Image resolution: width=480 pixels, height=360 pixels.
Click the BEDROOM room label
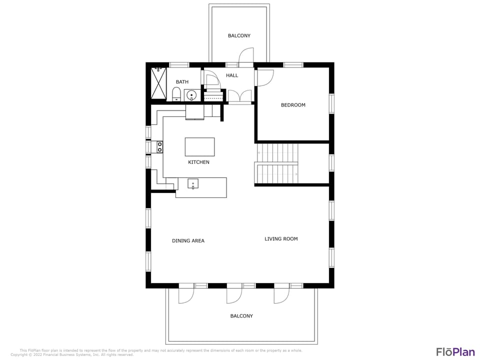click(293, 105)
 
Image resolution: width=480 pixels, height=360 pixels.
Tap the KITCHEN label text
click(198, 162)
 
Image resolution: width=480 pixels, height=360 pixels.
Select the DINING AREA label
click(188, 241)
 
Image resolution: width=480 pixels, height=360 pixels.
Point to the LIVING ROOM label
click(281, 239)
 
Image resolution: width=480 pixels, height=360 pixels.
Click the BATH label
click(182, 82)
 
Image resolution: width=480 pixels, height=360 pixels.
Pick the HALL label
click(232, 75)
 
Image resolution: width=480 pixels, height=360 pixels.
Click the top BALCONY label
click(239, 36)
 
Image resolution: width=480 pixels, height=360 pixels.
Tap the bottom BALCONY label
click(241, 316)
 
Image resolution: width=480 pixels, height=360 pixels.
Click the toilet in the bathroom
click(176, 94)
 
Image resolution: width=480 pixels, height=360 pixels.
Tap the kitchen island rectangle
click(199, 147)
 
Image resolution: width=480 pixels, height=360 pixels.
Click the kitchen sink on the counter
click(193, 184)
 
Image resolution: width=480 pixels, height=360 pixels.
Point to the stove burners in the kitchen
click(160, 147)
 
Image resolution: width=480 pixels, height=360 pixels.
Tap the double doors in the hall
click(240, 96)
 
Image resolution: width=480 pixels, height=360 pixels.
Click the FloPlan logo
click(455, 351)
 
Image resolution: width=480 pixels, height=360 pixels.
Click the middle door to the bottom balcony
click(233, 294)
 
